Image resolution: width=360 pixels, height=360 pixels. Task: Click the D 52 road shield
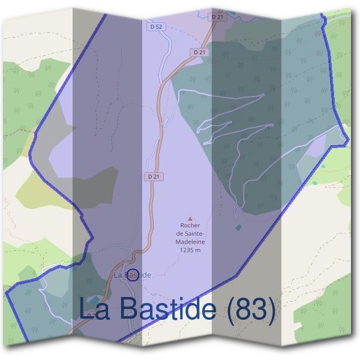pyautogui.click(x=155, y=26)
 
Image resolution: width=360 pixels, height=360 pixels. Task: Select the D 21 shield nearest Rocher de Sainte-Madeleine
pyautogui.click(x=153, y=177)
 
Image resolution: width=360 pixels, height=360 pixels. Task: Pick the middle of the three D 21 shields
pyautogui.click(x=200, y=53)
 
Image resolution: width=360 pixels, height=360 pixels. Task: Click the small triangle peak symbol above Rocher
pyautogui.click(x=191, y=219)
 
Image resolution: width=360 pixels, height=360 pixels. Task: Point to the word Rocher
pyautogui.click(x=190, y=227)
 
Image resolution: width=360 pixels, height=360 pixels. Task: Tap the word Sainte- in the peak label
pyautogui.click(x=194, y=234)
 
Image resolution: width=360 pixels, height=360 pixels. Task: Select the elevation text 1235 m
pyautogui.click(x=190, y=250)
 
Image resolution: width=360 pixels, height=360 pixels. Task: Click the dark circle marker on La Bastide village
pyautogui.click(x=133, y=275)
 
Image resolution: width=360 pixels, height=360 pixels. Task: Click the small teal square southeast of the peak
pyautogui.click(x=239, y=228)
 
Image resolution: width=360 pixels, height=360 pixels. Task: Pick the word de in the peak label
pyautogui.click(x=181, y=234)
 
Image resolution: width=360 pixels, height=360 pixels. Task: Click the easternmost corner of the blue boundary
pyautogui.click(x=348, y=139)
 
